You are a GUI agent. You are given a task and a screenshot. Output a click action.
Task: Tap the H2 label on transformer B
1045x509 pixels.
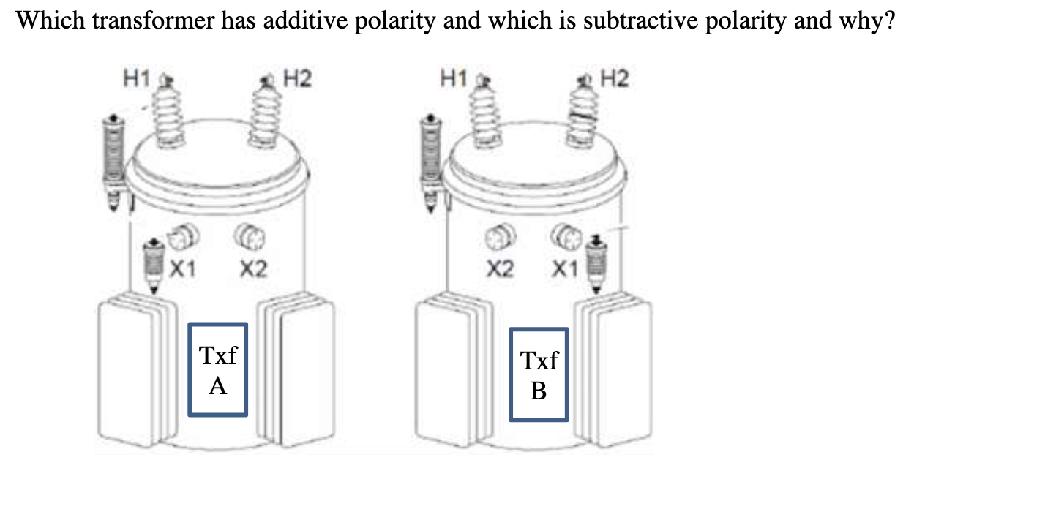pyautogui.click(x=614, y=78)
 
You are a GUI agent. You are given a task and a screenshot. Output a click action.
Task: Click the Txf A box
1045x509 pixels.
pyautogui.click(x=217, y=369)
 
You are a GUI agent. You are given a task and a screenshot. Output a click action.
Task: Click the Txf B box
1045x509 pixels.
pyautogui.click(x=539, y=374)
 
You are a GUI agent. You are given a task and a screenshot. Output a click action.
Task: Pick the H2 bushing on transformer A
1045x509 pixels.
pyautogui.click(x=262, y=113)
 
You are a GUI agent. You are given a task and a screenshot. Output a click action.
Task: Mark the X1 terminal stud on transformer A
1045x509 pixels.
pyautogui.click(x=179, y=237)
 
